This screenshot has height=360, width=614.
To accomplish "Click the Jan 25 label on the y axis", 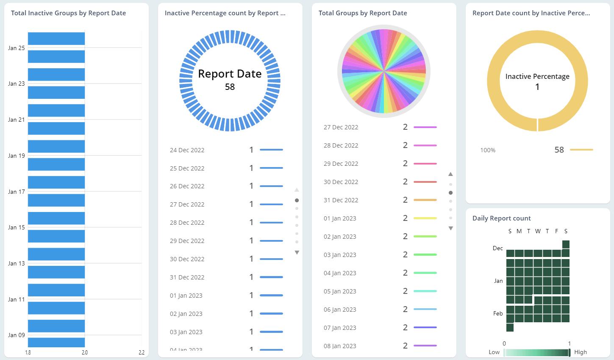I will pos(17,48).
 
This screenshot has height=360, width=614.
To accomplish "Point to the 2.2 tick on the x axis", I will pos(142,352).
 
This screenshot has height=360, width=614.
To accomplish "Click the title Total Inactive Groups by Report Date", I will pos(68,13).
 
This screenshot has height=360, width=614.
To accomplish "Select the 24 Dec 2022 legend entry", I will pos(187,150).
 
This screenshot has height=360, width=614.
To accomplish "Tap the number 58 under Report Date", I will pos(230,87).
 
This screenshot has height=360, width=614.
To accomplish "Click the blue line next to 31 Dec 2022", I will pos(271,277).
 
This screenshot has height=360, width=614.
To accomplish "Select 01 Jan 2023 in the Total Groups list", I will pos(340,218).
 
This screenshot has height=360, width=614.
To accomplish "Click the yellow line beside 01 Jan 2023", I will pos(425,218).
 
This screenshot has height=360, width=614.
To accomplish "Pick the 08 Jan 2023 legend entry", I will pos(340,346).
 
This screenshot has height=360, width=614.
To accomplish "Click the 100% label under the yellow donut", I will pos(488,150).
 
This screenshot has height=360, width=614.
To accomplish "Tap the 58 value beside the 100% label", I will pos(559,150).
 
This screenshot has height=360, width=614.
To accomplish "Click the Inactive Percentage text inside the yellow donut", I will pos(537,76).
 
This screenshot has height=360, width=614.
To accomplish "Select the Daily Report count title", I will pos(501,218).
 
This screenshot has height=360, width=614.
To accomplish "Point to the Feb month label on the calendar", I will pos(498,313).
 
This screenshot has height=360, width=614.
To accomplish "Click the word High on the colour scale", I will pos(581,352).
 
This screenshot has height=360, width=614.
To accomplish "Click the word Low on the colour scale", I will pos(494,352).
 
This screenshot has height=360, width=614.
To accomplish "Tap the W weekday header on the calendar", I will pos(538,231).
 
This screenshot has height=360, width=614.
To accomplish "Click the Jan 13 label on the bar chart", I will pos(17,263).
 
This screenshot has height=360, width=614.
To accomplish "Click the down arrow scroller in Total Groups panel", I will pos(451,229).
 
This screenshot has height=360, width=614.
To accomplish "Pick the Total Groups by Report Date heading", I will pos(363,13).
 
